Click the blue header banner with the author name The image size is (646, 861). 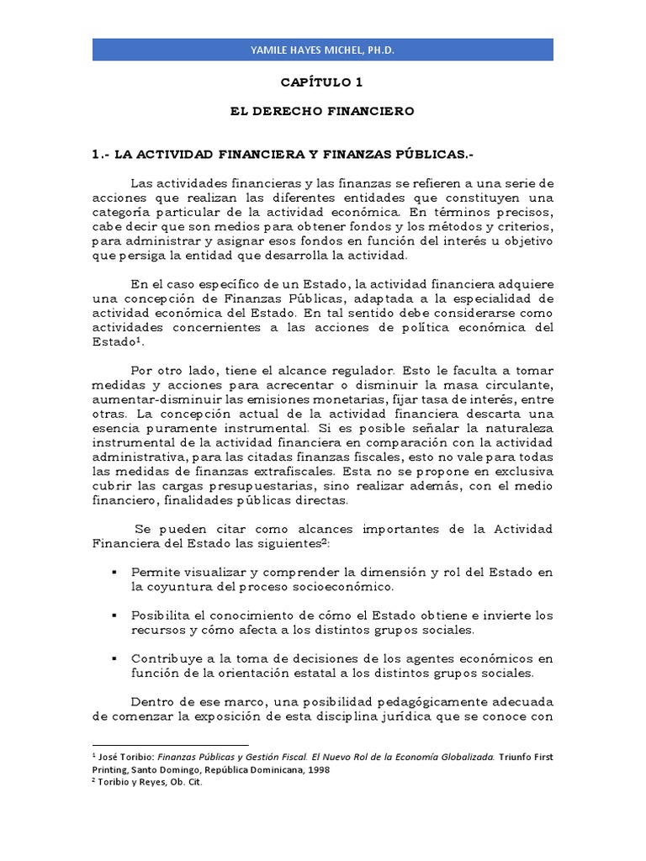click(x=322, y=50)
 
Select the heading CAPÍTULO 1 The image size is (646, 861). click(x=322, y=83)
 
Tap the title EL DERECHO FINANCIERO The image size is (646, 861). click(x=323, y=110)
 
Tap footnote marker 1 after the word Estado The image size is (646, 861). click(x=135, y=340)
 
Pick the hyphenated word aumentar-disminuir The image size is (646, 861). click(x=149, y=399)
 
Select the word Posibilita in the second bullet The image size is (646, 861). click(x=161, y=615)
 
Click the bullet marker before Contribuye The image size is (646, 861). click(x=114, y=658)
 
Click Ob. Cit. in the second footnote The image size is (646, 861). click(x=184, y=782)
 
